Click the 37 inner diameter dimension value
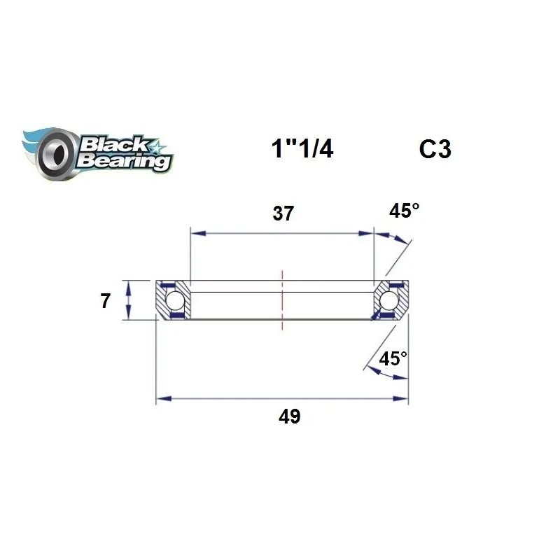point(283,214)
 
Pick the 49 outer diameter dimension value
point(289,417)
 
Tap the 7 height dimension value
point(105,302)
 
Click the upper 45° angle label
point(405,211)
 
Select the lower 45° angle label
point(393,359)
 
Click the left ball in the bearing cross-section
point(175,301)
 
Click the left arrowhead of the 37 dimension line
point(197,233)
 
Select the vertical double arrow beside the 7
point(128,300)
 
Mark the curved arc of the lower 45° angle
point(385,373)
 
